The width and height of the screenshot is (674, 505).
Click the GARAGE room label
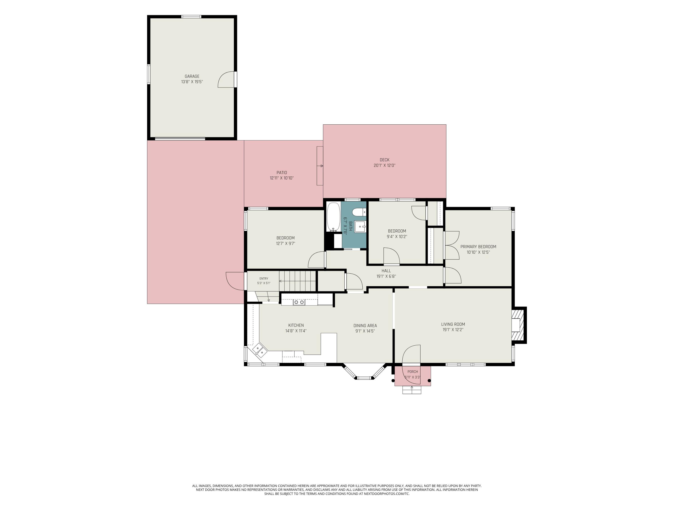click(192, 76)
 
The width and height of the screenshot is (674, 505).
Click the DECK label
click(385, 160)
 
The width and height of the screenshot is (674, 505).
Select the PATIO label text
click(282, 173)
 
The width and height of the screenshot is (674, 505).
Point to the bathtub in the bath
click(333, 217)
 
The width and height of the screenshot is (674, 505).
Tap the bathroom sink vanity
click(360, 227)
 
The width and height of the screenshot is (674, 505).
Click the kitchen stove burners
click(299, 302)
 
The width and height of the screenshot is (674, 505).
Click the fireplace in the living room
click(519, 325)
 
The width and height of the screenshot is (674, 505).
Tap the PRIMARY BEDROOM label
click(478, 247)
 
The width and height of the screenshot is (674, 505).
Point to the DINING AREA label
click(365, 325)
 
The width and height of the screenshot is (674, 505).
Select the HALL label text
click(386, 271)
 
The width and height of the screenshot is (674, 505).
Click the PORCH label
click(412, 372)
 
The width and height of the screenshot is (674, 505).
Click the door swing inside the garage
click(226, 79)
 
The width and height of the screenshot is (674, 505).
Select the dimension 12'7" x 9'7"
click(286, 244)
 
